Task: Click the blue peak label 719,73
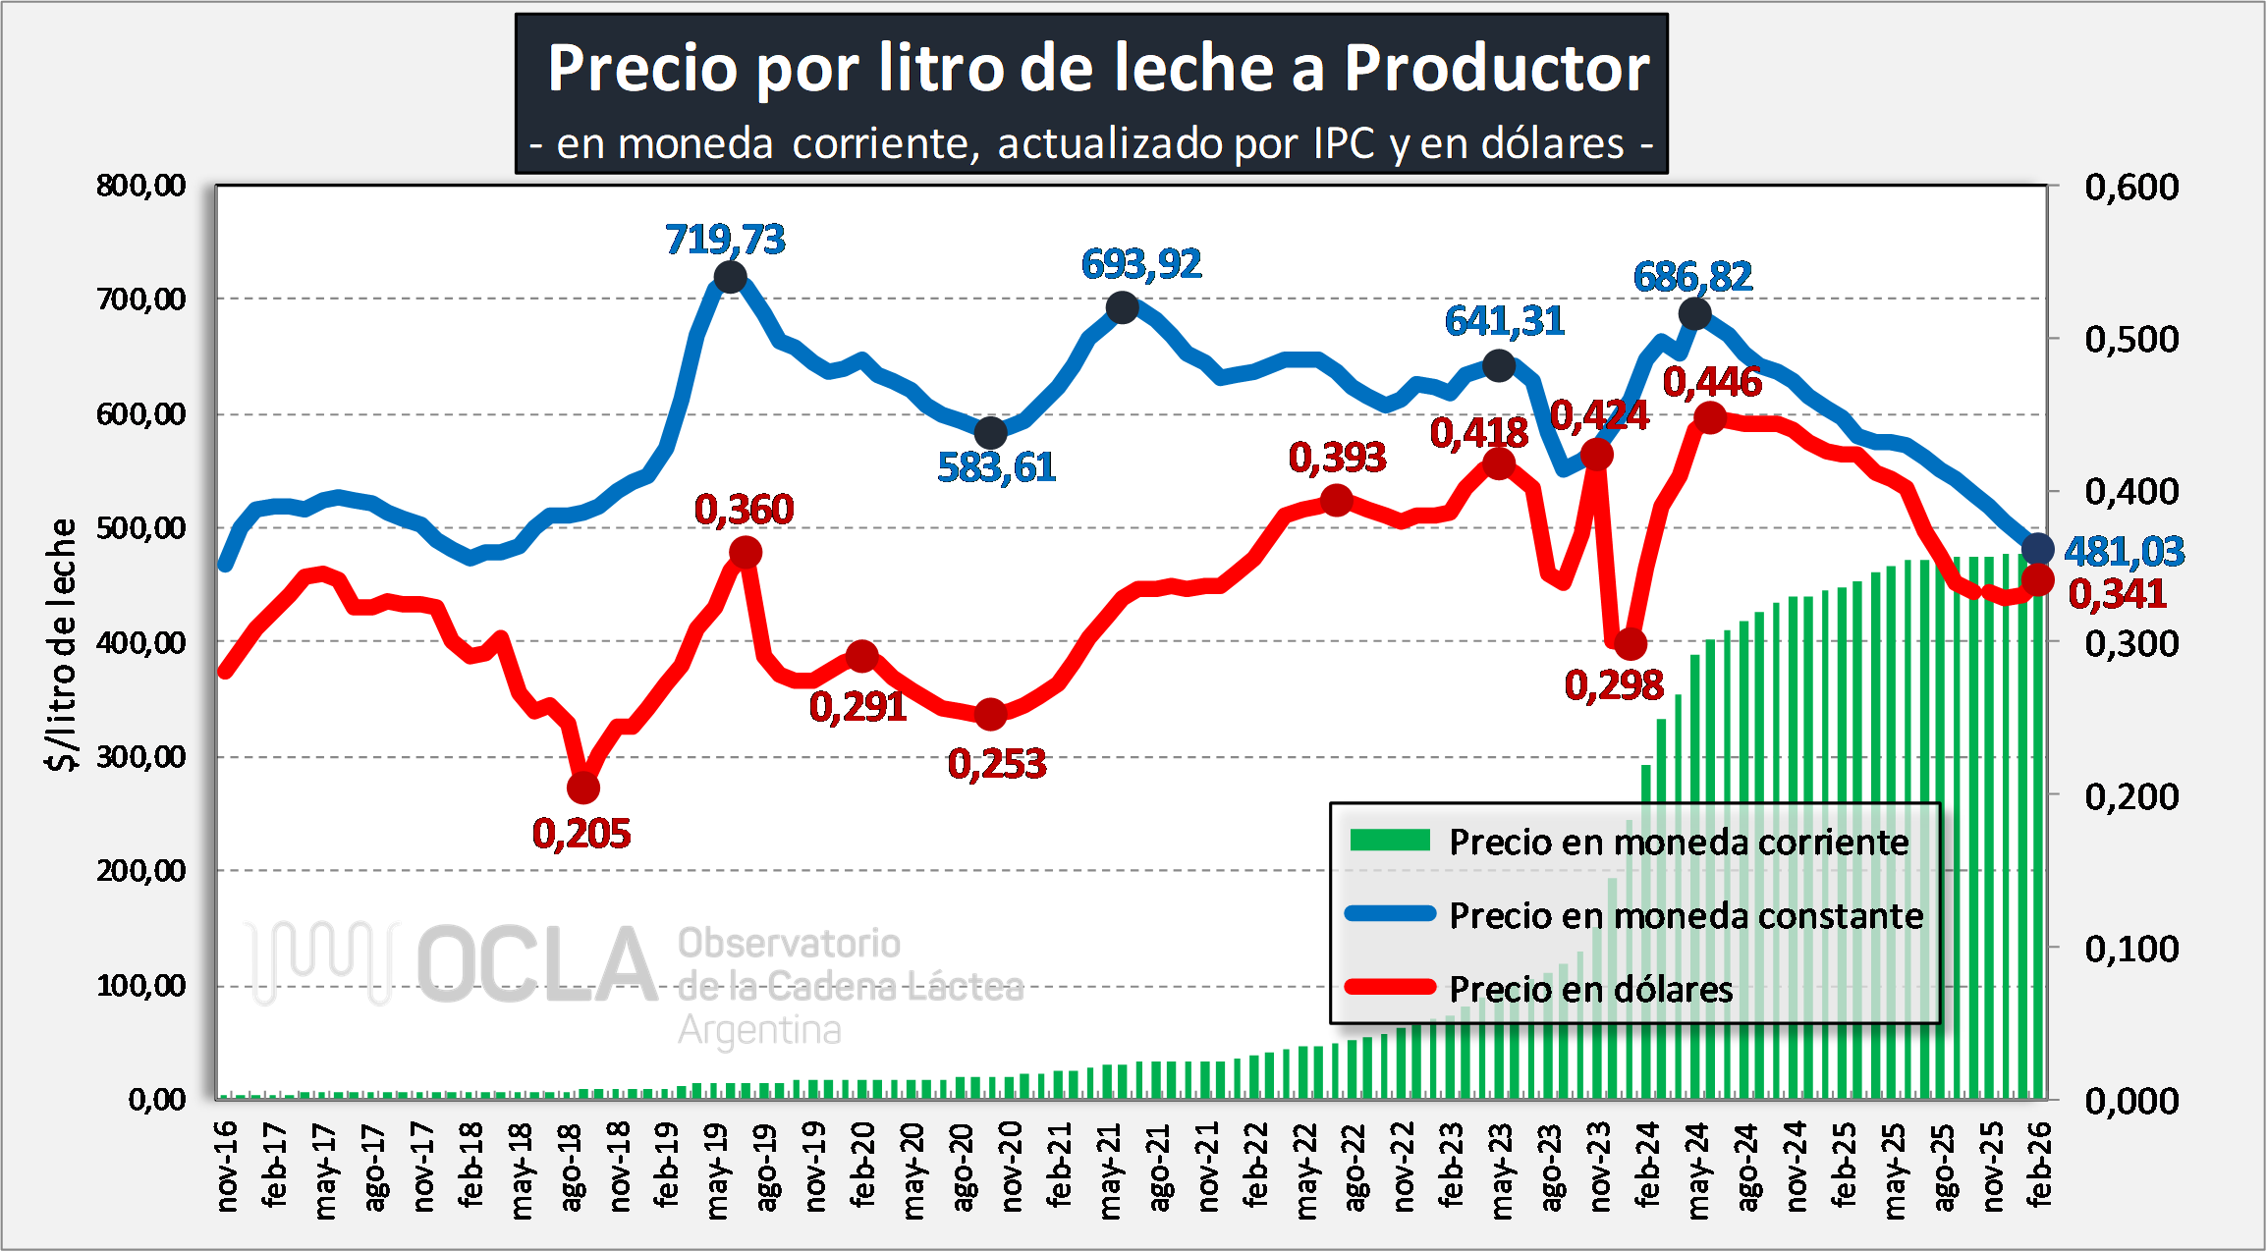(x=725, y=240)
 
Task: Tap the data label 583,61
(x=996, y=467)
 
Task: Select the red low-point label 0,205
(x=581, y=834)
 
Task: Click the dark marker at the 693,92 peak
(x=1122, y=308)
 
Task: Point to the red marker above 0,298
(x=1631, y=644)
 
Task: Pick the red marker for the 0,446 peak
(x=1710, y=418)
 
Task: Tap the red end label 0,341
(x=2117, y=594)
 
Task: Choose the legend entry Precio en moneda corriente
(x=1679, y=842)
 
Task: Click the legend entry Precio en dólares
(x=1591, y=989)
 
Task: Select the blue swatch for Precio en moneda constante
(x=1390, y=914)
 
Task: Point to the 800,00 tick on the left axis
(x=141, y=186)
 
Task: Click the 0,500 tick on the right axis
(x=2131, y=340)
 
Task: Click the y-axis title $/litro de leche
(x=62, y=644)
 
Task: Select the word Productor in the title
(x=1496, y=69)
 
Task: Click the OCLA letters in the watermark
(x=537, y=965)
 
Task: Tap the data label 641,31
(x=1504, y=321)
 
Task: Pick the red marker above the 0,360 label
(x=746, y=553)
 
